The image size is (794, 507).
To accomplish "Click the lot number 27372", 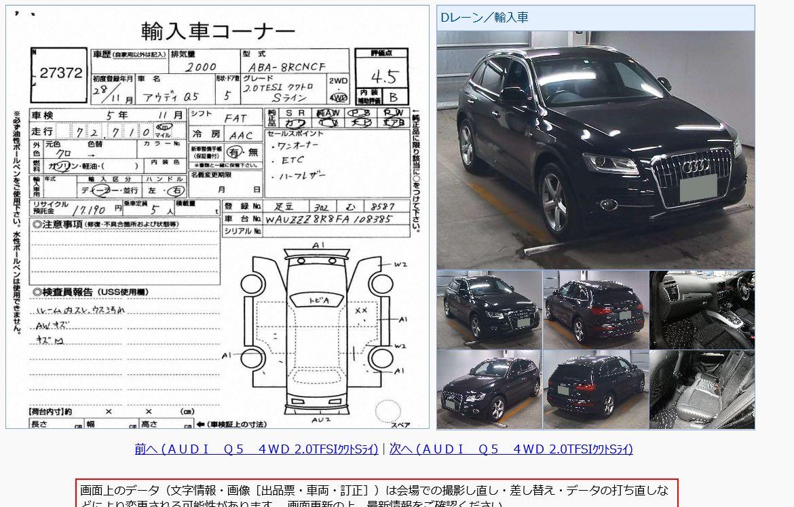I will pyautogui.click(x=60, y=73).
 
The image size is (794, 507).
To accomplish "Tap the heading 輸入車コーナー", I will pyautogui.click(x=218, y=31).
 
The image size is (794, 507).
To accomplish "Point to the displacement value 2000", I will pyautogui.click(x=201, y=67).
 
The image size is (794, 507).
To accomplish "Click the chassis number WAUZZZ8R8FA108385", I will pyautogui.click(x=337, y=220).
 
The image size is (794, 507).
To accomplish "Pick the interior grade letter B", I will pyautogui.click(x=395, y=97).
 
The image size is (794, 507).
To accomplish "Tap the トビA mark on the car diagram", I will pyautogui.click(x=319, y=300).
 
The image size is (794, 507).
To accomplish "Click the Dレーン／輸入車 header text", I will pyautogui.click(x=484, y=18).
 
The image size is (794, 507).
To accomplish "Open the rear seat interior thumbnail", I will pyautogui.click(x=702, y=389).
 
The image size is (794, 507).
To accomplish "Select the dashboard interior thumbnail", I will pyautogui.click(x=702, y=309).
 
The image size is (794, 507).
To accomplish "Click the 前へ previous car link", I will pyautogui.click(x=256, y=449).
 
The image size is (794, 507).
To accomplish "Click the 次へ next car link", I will pyautogui.click(x=511, y=449).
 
